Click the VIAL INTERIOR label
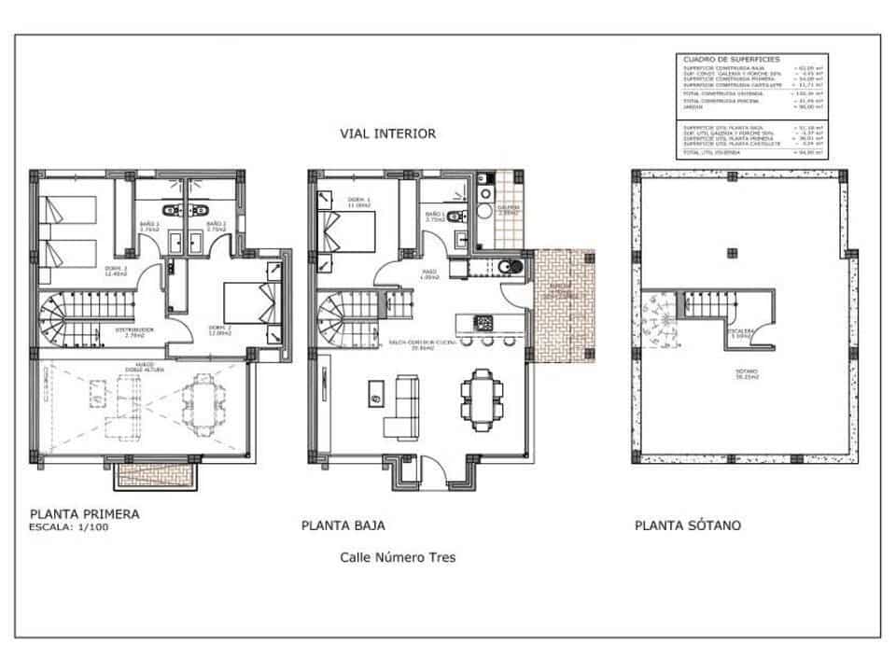pyautogui.click(x=388, y=133)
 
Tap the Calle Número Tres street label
pyautogui.click(x=398, y=557)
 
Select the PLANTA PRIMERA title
pyautogui.click(x=85, y=513)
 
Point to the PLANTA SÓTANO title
pyautogui.click(x=688, y=525)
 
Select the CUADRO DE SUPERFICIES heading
pyautogui.click(x=719, y=59)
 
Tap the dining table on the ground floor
pyautogui.click(x=480, y=399)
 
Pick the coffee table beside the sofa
pyautogui.click(x=375, y=399)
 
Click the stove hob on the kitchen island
pyautogui.click(x=484, y=323)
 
